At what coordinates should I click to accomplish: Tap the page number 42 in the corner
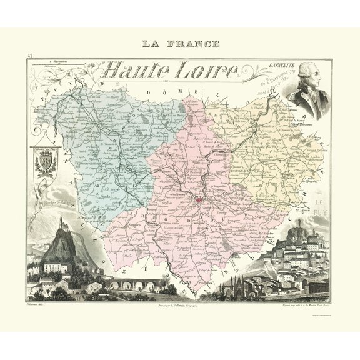click(30, 57)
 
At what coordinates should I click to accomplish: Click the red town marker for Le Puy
click(198, 199)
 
